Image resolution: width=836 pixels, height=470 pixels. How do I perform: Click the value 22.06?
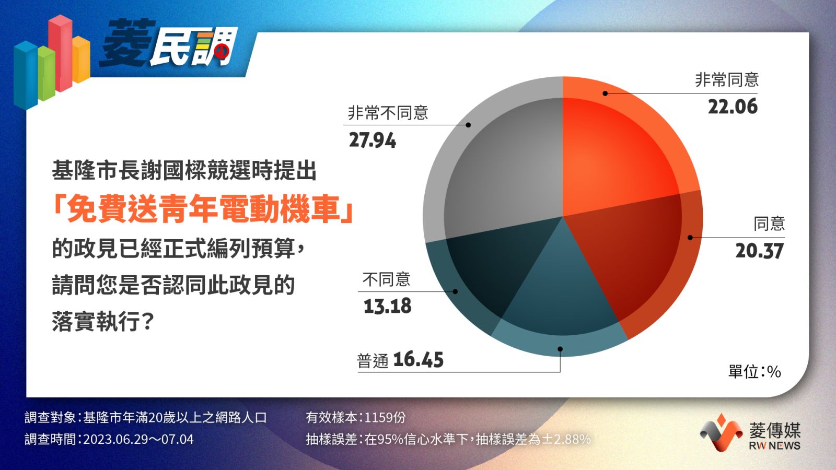(x=733, y=107)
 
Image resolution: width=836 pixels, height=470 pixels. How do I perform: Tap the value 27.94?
(x=373, y=140)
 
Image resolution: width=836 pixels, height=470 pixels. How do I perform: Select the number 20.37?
(x=760, y=251)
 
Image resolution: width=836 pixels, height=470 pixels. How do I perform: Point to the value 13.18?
(x=387, y=306)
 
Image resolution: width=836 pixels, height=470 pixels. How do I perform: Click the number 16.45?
(x=419, y=360)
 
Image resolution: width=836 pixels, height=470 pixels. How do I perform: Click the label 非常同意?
(x=727, y=80)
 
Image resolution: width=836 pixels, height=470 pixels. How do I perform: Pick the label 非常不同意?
(x=388, y=113)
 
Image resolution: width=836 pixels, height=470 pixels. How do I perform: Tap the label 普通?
(x=373, y=361)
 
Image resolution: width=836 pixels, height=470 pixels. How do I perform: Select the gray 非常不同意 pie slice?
(x=496, y=164)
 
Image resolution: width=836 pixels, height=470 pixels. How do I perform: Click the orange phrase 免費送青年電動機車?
(x=203, y=209)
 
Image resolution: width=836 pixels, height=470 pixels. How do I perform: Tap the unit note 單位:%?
(x=754, y=372)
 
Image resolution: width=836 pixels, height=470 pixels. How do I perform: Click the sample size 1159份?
(x=385, y=417)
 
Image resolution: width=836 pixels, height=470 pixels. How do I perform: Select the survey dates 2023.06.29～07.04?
(x=138, y=439)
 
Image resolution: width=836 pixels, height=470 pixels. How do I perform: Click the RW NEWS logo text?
(x=774, y=445)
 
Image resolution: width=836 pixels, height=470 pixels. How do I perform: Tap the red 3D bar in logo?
(x=61, y=53)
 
